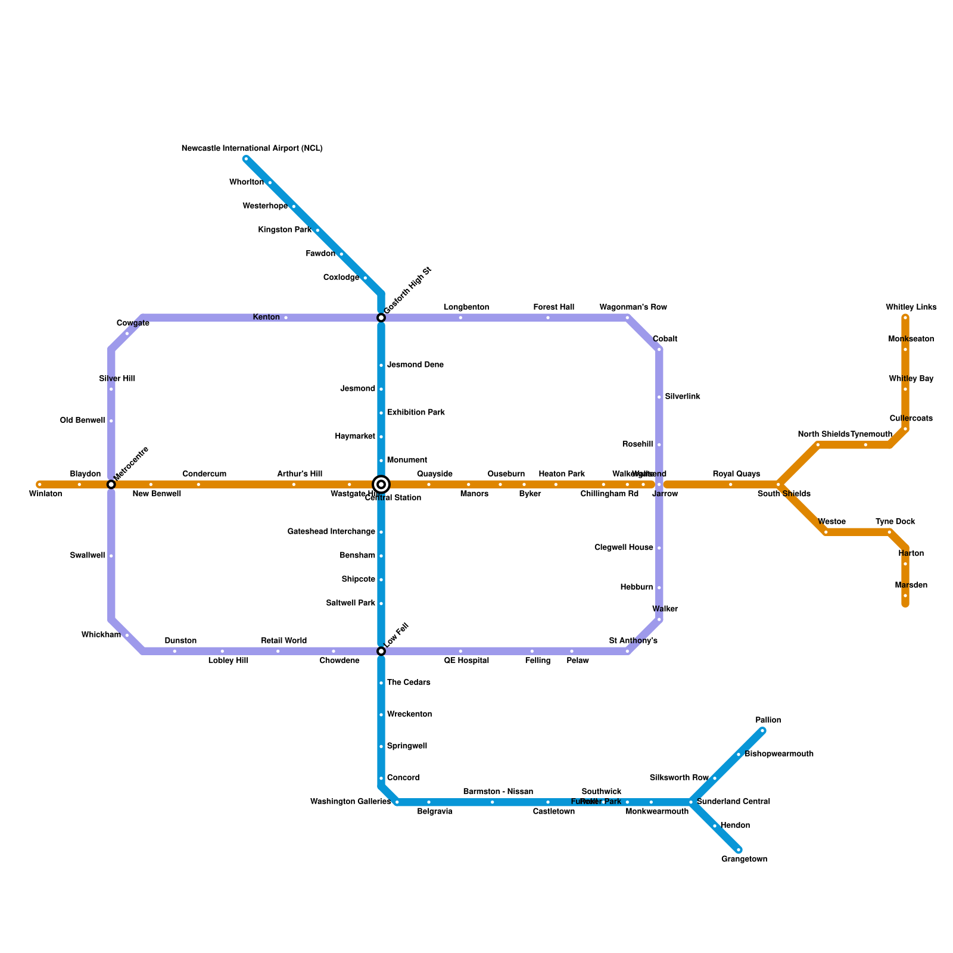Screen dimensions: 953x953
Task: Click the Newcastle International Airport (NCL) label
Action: [x=252, y=148]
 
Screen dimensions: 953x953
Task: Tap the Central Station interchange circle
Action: [x=381, y=484]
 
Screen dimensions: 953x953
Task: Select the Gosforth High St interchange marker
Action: [x=381, y=318]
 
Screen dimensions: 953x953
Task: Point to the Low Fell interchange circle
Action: [x=381, y=652]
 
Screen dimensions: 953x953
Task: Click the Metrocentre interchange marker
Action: [x=111, y=484]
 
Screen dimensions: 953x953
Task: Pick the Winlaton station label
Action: [x=45, y=494]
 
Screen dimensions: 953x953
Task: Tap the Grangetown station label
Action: [x=744, y=859]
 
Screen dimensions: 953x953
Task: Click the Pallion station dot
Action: [x=762, y=731]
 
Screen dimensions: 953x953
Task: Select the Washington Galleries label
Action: [x=350, y=802]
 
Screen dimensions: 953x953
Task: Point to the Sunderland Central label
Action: [x=733, y=802]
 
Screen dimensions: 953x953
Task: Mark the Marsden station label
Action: [x=911, y=585]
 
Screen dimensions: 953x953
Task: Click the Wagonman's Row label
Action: [x=633, y=307]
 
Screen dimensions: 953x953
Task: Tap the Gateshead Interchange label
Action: [x=331, y=531]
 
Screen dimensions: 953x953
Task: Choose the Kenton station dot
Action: [x=286, y=318]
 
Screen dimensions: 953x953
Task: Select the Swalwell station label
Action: [x=87, y=556]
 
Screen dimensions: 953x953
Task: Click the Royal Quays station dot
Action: [x=731, y=484]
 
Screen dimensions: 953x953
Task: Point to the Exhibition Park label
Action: [x=416, y=412]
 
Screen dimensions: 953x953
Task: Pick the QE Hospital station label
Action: [x=466, y=661]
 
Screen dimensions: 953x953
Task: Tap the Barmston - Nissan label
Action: [x=498, y=792]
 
